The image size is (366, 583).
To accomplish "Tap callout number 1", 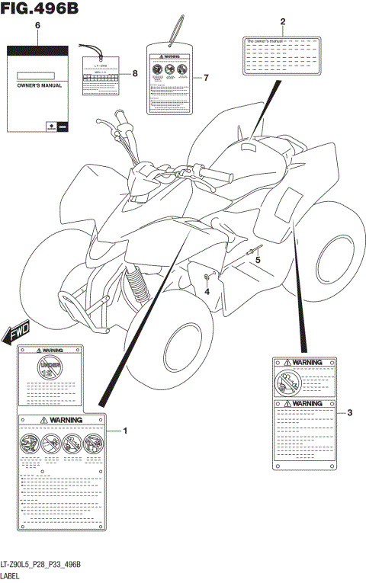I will pos(125,431).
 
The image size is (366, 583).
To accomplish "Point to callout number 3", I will pos(349,413).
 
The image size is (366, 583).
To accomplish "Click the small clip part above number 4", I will pos(207,277).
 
